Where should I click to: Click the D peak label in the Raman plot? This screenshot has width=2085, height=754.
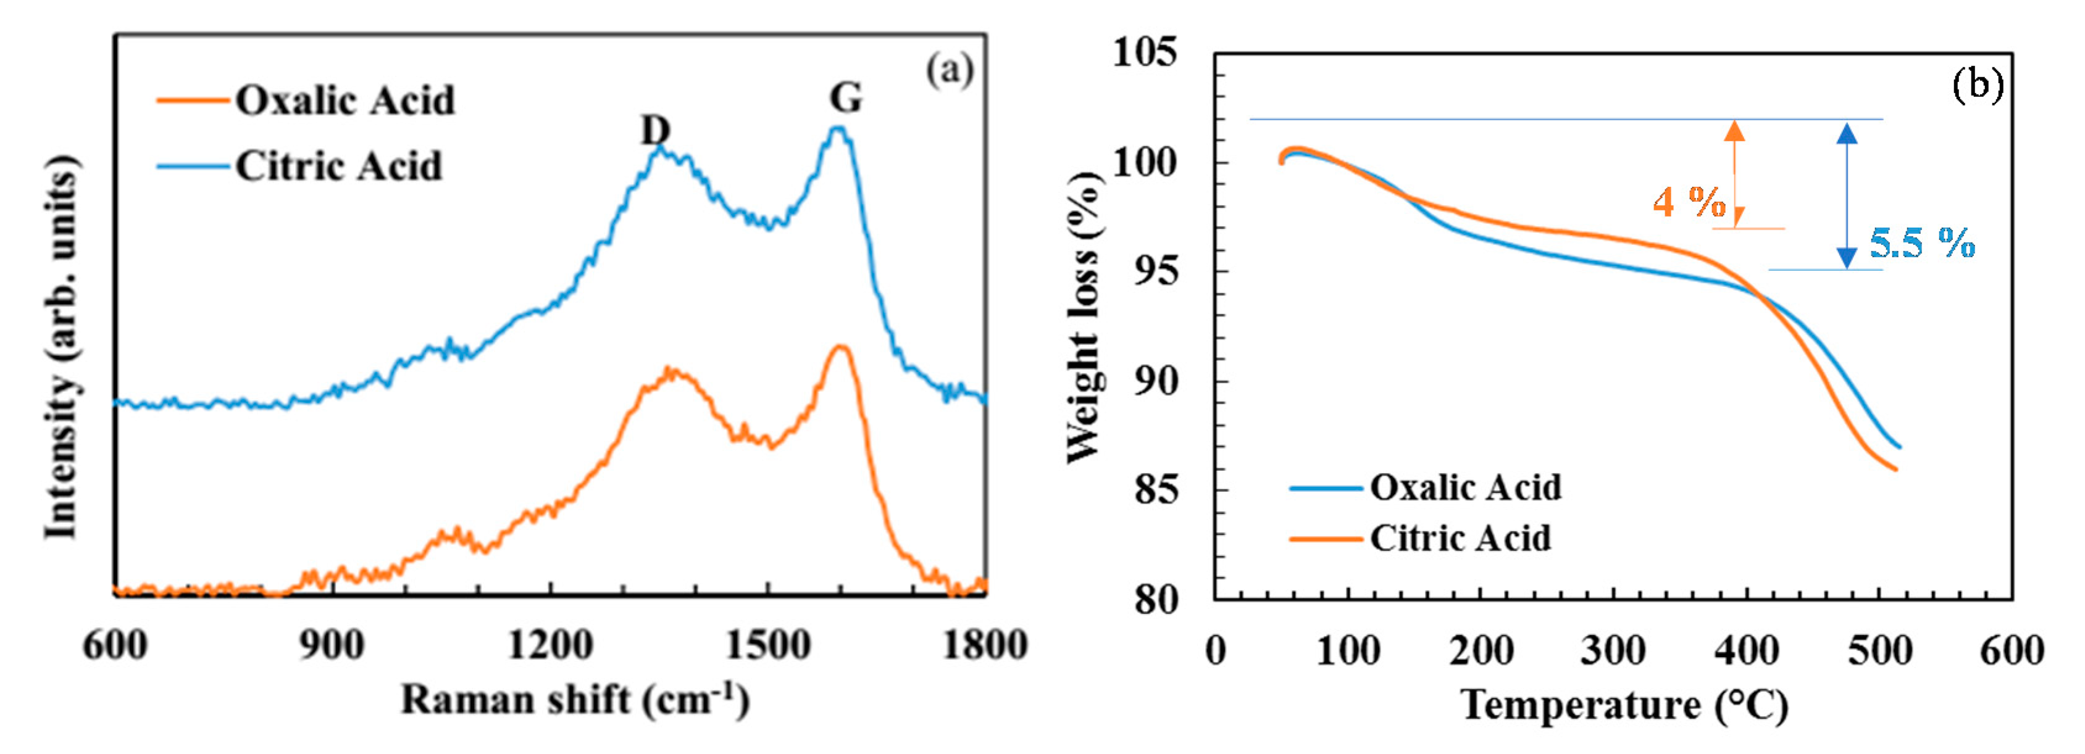coord(656,130)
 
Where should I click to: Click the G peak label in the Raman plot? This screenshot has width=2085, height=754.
coord(846,98)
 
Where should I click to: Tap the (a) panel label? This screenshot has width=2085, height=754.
coord(950,70)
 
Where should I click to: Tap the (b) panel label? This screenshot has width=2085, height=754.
coord(1978,84)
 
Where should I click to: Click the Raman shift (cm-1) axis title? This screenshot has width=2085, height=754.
coord(575,700)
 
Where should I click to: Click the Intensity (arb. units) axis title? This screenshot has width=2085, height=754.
coord(62,348)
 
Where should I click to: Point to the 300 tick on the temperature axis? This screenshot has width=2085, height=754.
coord(1613,650)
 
